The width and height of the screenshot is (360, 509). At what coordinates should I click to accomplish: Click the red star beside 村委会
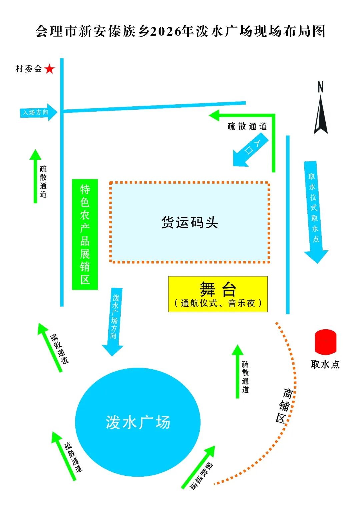click(x=49, y=69)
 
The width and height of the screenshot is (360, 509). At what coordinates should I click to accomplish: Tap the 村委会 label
click(x=29, y=69)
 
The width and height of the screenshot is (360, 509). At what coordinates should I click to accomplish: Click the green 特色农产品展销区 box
click(x=85, y=234)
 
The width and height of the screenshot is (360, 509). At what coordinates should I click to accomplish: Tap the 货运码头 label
click(x=190, y=222)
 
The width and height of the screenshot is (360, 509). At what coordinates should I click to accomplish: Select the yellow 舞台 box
click(x=218, y=294)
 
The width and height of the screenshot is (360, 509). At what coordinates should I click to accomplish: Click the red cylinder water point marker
click(x=326, y=342)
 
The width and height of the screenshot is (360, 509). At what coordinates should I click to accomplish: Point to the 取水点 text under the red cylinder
click(x=325, y=364)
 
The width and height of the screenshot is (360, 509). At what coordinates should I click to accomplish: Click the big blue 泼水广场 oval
click(x=138, y=422)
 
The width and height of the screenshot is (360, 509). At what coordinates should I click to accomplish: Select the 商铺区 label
click(x=284, y=405)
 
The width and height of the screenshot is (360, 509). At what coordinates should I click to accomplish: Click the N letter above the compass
click(x=320, y=87)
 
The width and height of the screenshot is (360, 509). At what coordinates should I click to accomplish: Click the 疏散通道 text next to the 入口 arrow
click(x=247, y=126)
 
